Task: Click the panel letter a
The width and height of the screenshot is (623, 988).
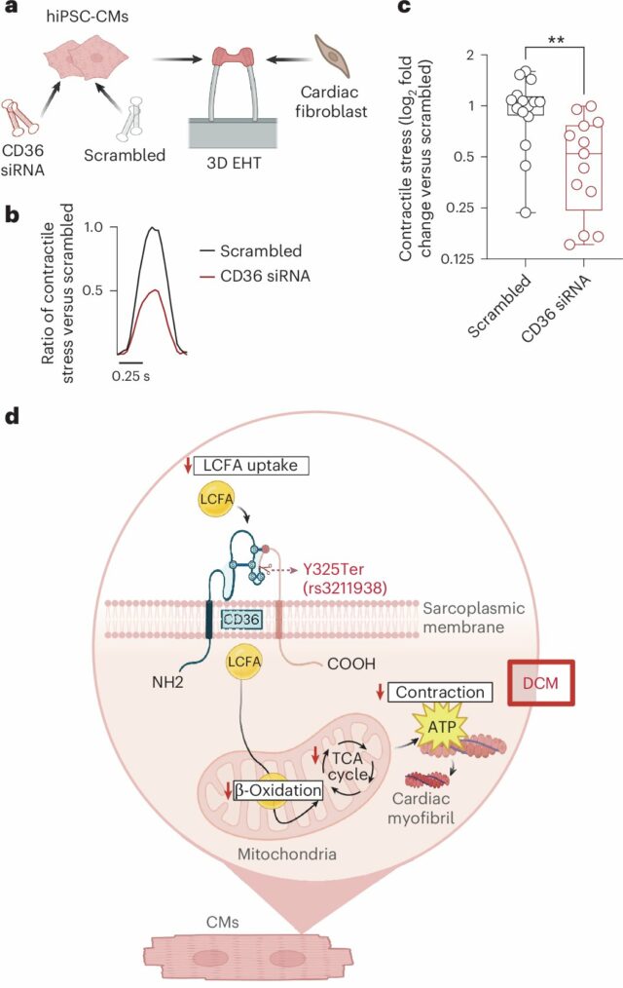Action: coord(13,12)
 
